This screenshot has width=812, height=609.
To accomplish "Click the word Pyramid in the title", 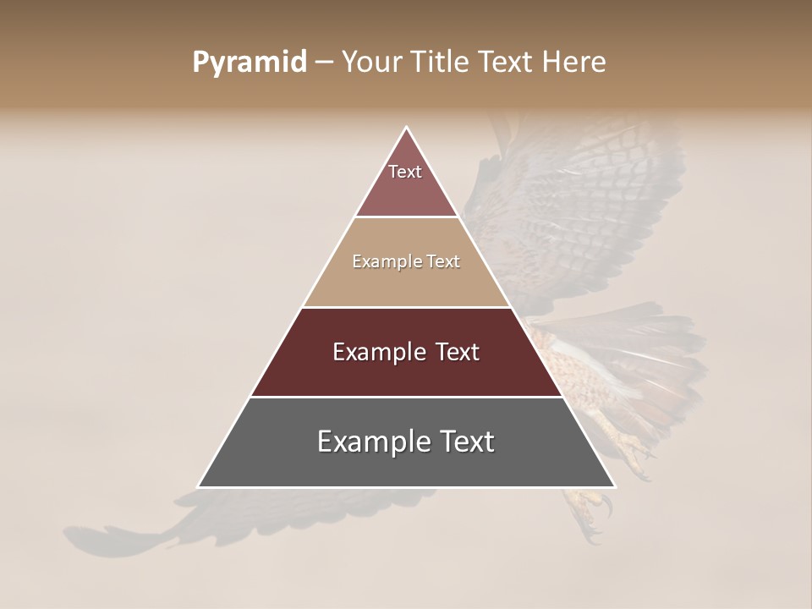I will (x=249, y=63).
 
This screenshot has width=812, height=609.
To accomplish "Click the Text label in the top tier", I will (x=405, y=172).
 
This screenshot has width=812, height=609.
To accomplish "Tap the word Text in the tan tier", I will (x=443, y=261).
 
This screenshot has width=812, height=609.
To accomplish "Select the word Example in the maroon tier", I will (x=376, y=352).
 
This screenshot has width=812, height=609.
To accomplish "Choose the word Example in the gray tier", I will (x=370, y=442).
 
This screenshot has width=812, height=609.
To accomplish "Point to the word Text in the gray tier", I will (x=464, y=442).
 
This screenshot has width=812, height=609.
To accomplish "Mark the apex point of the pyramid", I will (x=407, y=128).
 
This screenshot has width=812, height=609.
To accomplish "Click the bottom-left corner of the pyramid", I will (x=199, y=486).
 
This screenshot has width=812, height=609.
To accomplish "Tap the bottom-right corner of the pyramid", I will (x=614, y=486).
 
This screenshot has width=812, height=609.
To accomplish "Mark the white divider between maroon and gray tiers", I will (x=407, y=397).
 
